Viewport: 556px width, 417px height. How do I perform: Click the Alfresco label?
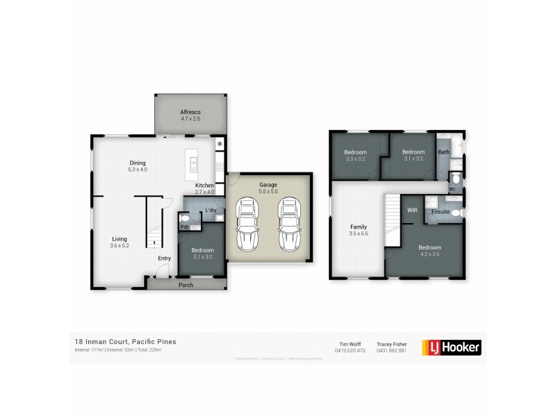190,115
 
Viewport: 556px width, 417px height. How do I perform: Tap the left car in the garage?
247,224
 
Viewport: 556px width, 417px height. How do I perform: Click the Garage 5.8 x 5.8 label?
268,188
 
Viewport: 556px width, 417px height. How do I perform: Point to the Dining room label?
138,166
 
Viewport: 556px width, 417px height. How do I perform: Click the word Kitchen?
204,185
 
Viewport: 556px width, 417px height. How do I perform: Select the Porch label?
186,285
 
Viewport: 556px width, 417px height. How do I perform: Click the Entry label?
164,259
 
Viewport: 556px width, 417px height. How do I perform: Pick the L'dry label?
211,210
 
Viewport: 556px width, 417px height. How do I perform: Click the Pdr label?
185,227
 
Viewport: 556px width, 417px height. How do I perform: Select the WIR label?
412,209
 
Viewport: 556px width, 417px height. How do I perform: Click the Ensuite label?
440,211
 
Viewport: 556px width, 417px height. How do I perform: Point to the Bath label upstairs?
443,152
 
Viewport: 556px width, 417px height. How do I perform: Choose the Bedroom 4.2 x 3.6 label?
430,251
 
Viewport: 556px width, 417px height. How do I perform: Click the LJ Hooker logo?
452,347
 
